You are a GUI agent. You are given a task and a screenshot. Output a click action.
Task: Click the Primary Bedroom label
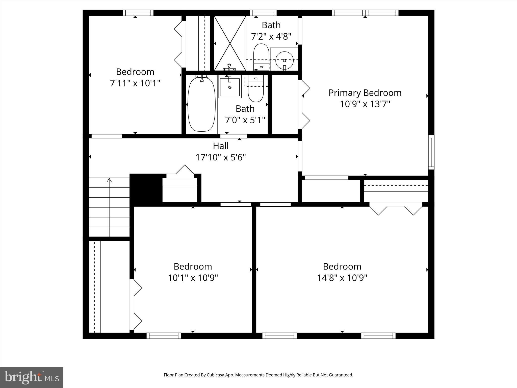coord(365,93)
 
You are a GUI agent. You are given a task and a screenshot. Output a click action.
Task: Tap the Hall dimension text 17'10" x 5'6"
coord(221,157)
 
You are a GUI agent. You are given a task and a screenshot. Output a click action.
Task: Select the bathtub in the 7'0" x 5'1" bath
coord(202,104)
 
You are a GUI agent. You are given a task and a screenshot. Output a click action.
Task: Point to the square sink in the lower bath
coord(230,87)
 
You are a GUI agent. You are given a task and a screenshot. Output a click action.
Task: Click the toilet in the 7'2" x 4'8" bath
coord(261,57)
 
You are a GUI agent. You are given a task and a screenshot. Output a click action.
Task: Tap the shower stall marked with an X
coord(230,43)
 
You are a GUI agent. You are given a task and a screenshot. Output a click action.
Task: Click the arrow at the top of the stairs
coord(109,180)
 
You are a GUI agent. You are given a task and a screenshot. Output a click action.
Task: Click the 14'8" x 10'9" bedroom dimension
coord(342,278)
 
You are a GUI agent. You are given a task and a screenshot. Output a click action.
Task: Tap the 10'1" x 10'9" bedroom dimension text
coord(193,278)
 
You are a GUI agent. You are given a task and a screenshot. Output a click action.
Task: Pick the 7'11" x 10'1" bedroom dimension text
coord(135,83)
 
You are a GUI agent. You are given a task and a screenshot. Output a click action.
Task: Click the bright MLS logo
coord(32,377)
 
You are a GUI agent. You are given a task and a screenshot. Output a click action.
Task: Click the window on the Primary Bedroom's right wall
coord(431,152)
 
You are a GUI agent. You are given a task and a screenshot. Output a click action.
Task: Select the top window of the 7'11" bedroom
coord(138,13)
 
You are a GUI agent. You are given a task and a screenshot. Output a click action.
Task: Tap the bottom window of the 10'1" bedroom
coord(164,336)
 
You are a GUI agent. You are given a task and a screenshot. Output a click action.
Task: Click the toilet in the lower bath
coord(256,89)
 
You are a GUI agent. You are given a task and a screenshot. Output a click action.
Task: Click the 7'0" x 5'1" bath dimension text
coord(245,120)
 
